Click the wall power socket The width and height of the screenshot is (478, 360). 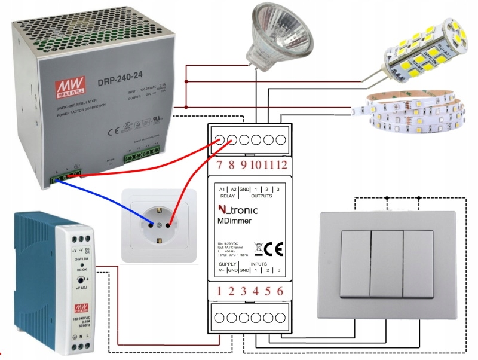158,225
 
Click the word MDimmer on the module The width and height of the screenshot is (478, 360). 234,221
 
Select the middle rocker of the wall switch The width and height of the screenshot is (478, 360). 387,263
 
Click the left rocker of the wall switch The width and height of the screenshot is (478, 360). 356,263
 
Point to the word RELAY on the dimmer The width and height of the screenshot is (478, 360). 227,195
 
